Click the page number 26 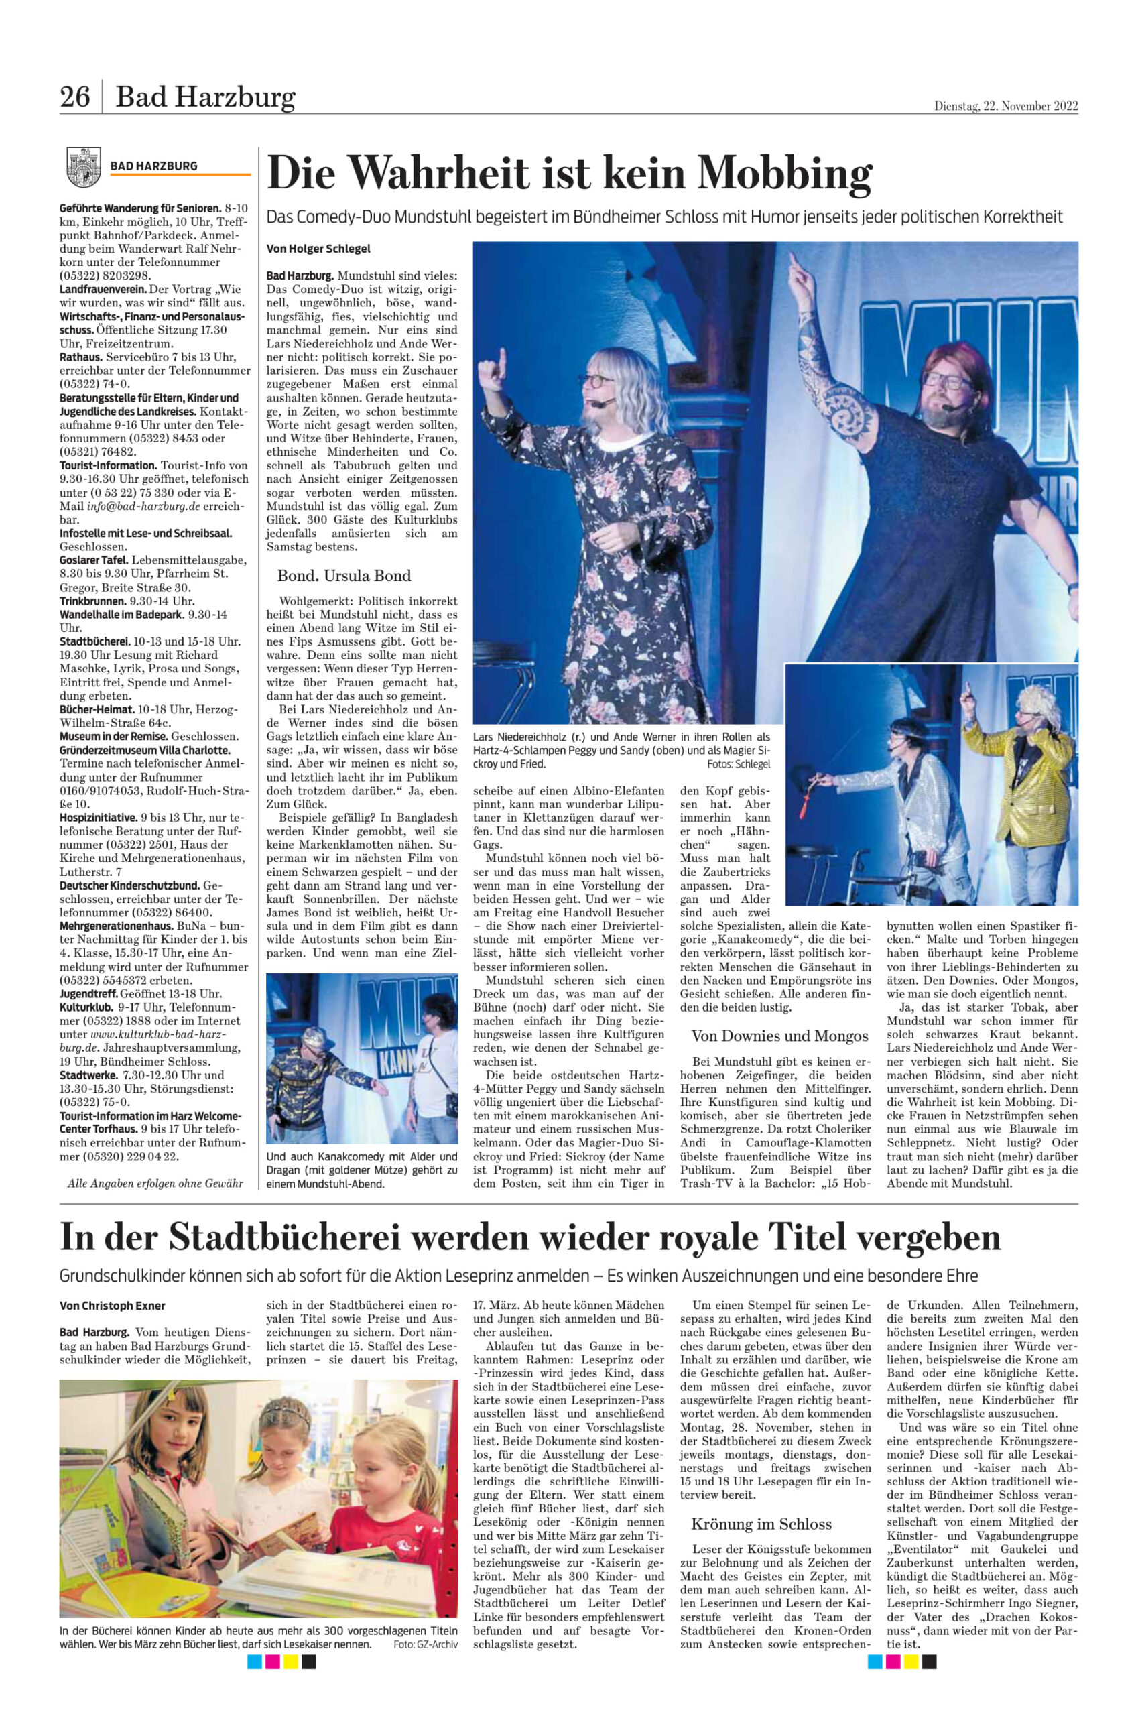pos(75,97)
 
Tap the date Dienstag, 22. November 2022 pos(1005,106)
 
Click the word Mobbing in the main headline pos(785,174)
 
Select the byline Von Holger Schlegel pos(318,248)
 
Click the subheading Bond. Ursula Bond pos(344,576)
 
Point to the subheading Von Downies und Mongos pos(779,1035)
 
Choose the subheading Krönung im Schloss pos(761,1504)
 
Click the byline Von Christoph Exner pos(113,1306)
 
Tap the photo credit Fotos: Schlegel pos(738,764)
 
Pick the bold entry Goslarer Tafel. pos(94,560)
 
